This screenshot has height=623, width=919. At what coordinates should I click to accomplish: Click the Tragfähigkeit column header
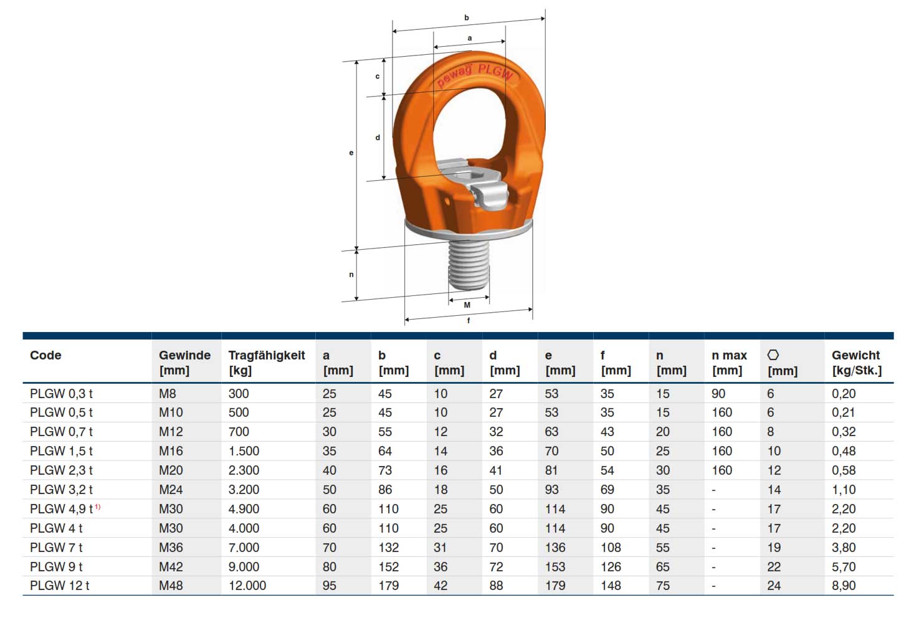266,362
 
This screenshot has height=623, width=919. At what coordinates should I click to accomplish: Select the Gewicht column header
856,362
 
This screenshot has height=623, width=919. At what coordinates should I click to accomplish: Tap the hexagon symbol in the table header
773,355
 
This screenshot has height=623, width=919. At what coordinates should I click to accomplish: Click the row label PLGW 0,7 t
61,432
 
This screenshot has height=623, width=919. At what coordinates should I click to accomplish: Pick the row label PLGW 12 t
60,586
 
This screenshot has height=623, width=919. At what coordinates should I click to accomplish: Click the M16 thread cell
171,451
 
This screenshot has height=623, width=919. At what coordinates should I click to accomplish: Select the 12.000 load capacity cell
247,586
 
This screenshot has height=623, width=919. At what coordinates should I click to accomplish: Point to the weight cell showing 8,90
844,586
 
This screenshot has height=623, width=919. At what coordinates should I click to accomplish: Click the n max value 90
718,394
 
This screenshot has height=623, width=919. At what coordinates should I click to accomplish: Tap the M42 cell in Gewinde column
171,567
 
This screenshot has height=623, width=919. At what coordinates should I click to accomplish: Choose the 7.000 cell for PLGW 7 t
244,548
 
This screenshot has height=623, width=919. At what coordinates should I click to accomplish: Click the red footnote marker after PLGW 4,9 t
98,507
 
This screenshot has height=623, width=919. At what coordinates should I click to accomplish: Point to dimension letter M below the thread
467,305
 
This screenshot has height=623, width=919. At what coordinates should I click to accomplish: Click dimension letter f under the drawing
469,320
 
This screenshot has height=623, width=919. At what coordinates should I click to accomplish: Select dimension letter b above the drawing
466,18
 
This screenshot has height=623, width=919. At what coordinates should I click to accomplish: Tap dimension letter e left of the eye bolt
351,153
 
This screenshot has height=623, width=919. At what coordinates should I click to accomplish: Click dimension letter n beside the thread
351,274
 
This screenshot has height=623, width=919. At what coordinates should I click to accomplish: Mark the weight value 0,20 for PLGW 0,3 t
844,394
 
